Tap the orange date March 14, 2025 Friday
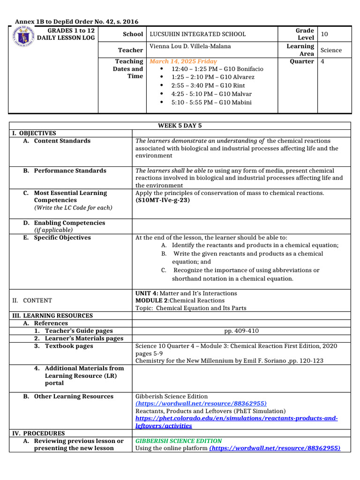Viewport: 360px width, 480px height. [x=183, y=61]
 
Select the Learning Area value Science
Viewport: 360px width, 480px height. [x=331, y=50]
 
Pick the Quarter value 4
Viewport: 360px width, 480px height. [x=322, y=61]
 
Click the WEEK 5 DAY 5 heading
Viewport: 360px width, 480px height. [x=180, y=126]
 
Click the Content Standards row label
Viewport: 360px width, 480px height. [x=62, y=141]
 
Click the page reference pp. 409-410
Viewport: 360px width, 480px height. [x=241, y=331]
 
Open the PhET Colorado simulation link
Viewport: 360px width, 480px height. [x=236, y=422]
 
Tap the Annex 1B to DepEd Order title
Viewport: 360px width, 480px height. [x=77, y=22]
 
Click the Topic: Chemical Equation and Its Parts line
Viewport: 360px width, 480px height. [x=191, y=308]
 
